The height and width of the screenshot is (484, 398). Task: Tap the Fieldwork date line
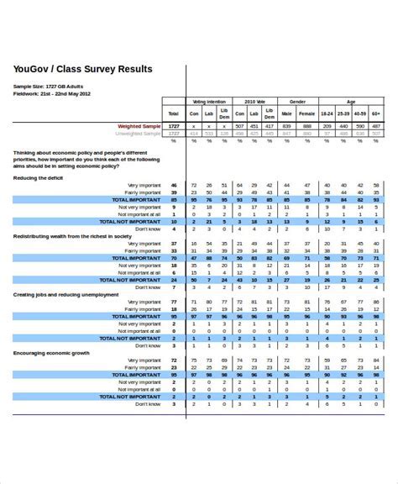click(x=52, y=94)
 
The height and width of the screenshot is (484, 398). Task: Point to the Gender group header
click(x=297, y=100)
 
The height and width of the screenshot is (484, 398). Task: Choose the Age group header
click(x=351, y=100)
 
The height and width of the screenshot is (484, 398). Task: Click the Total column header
click(x=173, y=113)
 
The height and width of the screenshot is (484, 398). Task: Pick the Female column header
click(x=307, y=113)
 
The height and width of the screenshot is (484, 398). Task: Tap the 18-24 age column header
click(x=327, y=113)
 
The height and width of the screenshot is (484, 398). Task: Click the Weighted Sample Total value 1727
click(x=173, y=126)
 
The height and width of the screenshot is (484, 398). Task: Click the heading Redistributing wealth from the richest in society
click(x=72, y=236)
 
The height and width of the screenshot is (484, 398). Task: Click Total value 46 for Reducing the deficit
click(x=173, y=184)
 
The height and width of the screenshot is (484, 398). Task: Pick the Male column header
click(x=286, y=113)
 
